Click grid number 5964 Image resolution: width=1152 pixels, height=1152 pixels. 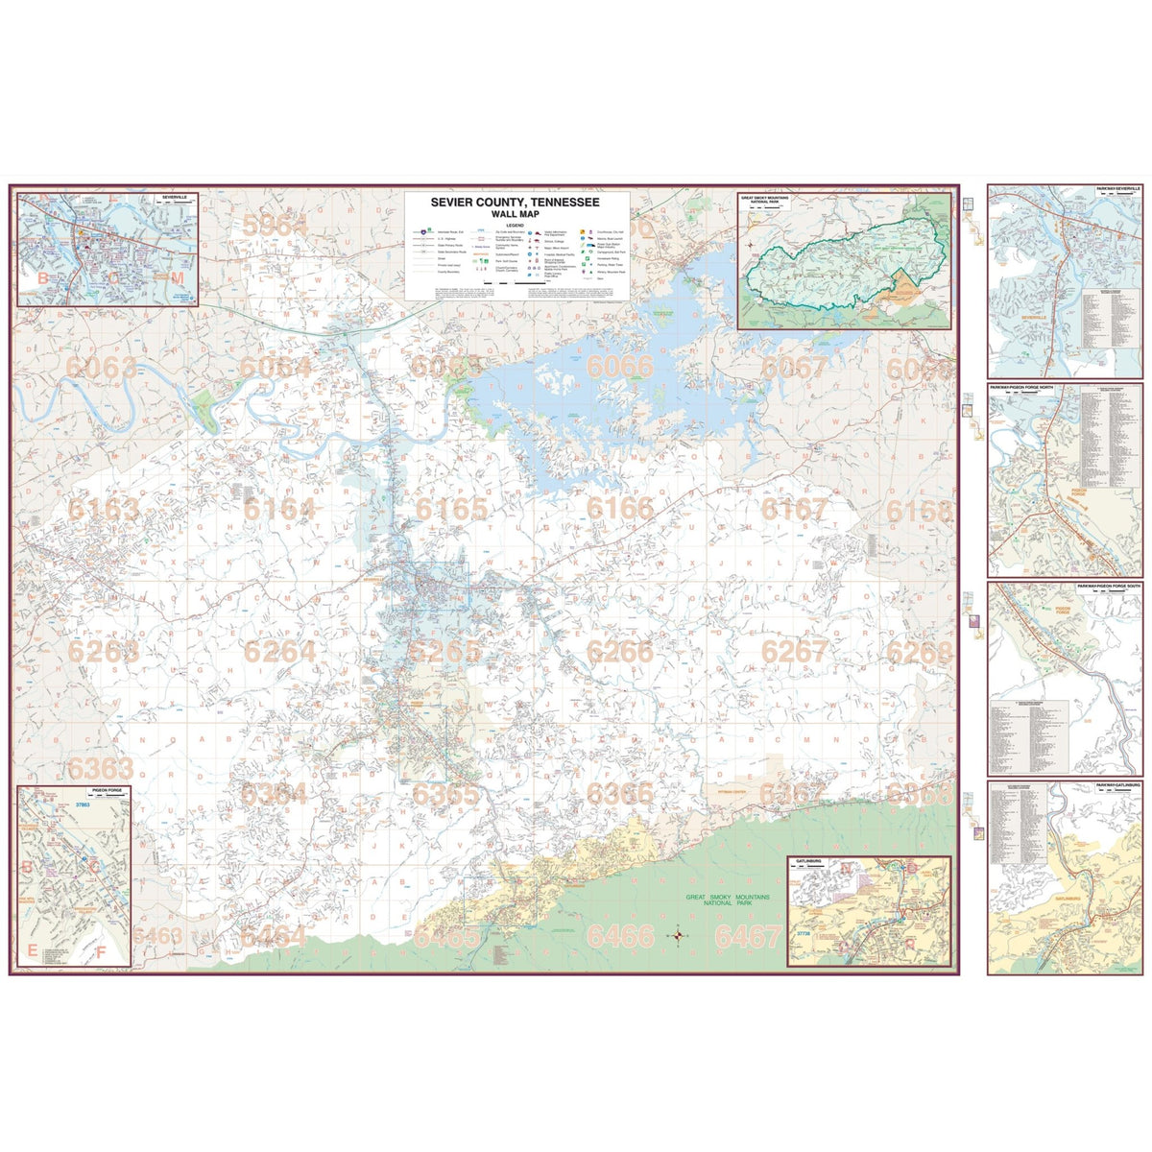[x=275, y=226]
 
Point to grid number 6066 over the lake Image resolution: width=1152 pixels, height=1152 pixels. [x=620, y=367]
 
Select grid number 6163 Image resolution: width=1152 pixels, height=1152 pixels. [x=103, y=509]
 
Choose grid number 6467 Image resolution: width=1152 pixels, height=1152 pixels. [x=749, y=936]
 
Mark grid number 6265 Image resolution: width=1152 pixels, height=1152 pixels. [x=445, y=652]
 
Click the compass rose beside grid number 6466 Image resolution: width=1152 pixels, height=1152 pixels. [x=679, y=934]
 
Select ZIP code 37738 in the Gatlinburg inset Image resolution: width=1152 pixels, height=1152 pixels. [x=803, y=932]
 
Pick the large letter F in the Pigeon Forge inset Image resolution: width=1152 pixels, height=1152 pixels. [x=101, y=952]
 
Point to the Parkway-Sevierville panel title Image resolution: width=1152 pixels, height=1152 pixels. [x=1115, y=190]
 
